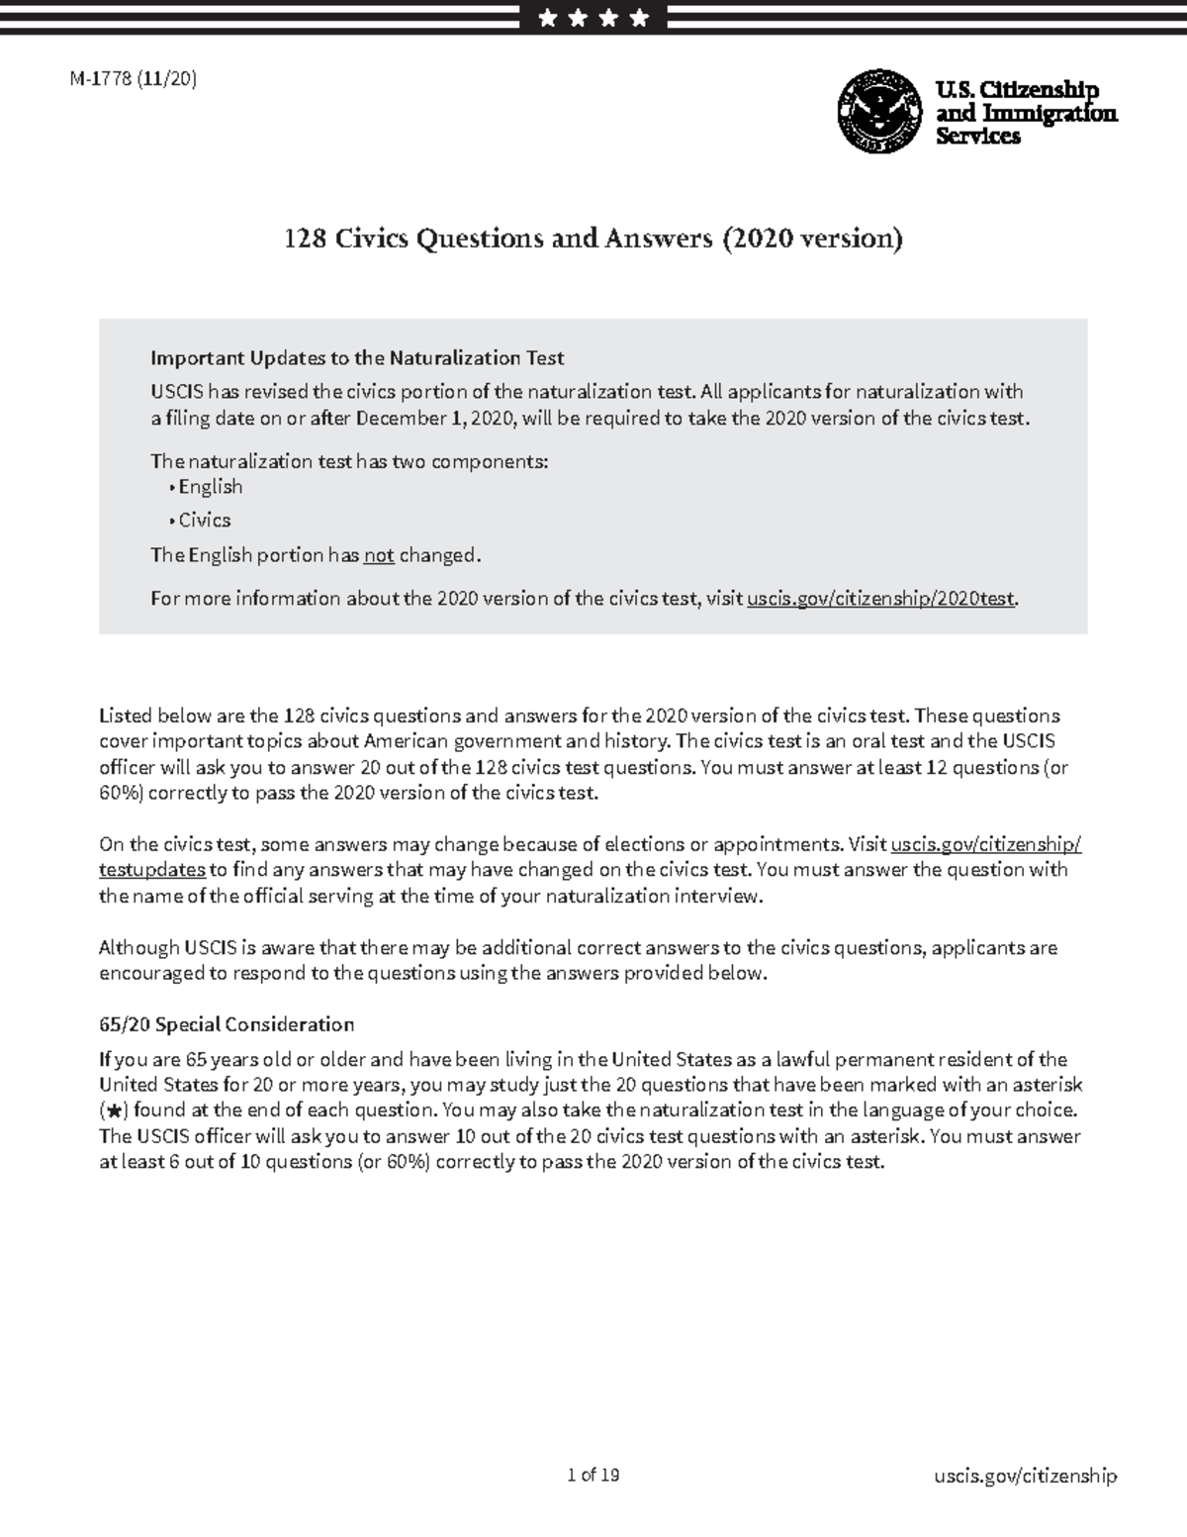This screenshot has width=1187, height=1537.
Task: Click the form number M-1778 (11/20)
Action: pos(133,80)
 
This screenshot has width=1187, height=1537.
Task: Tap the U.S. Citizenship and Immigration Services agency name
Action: pos(1025,113)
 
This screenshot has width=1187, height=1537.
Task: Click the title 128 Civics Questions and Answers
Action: pos(593,239)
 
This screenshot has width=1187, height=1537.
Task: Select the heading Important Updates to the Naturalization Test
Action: pos(357,358)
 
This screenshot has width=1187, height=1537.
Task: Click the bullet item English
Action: pos(210,487)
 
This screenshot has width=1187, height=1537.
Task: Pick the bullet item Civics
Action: pos(204,521)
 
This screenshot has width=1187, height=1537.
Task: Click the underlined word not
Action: pos(379,556)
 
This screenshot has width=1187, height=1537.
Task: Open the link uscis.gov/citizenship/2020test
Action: pos(880,599)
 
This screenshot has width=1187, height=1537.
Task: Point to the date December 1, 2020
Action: pos(434,419)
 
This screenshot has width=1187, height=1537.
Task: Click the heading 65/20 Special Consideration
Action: pos(226,1024)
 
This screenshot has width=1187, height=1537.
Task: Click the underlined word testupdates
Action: pos(151,870)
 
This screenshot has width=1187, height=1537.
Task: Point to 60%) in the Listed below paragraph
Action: pos(121,793)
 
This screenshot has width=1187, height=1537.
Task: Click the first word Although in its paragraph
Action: pos(138,948)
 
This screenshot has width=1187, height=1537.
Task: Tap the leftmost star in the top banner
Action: pos(548,18)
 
